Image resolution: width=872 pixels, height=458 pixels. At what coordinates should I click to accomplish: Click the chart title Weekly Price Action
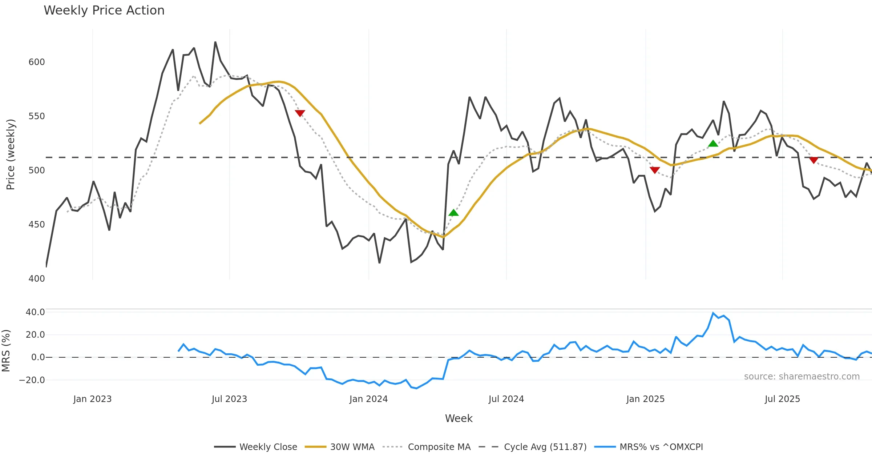(104, 11)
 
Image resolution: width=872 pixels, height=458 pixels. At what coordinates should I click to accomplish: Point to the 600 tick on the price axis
(37, 62)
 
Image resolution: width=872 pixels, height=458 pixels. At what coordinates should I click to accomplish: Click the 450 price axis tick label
(37, 225)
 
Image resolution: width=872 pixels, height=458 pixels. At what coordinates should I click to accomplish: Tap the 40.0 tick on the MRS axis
(35, 312)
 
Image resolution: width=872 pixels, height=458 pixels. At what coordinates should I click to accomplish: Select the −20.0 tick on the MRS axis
(32, 380)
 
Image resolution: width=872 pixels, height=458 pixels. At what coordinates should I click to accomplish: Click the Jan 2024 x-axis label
(368, 399)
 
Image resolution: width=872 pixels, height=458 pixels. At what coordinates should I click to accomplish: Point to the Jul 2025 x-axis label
(782, 399)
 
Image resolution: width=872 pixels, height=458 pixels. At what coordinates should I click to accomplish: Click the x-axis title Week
(459, 418)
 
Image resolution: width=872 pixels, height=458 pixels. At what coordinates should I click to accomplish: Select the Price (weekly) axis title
(11, 154)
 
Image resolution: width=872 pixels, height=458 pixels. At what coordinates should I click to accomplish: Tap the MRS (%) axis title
(6, 351)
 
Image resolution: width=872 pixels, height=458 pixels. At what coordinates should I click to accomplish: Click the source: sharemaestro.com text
(802, 377)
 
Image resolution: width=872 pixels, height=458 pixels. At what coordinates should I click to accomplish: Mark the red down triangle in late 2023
(300, 113)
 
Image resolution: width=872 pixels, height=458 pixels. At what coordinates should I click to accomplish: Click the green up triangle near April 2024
(453, 213)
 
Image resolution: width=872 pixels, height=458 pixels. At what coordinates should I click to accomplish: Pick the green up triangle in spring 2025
(713, 144)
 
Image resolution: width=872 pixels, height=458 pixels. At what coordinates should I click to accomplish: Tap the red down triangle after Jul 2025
(814, 160)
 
